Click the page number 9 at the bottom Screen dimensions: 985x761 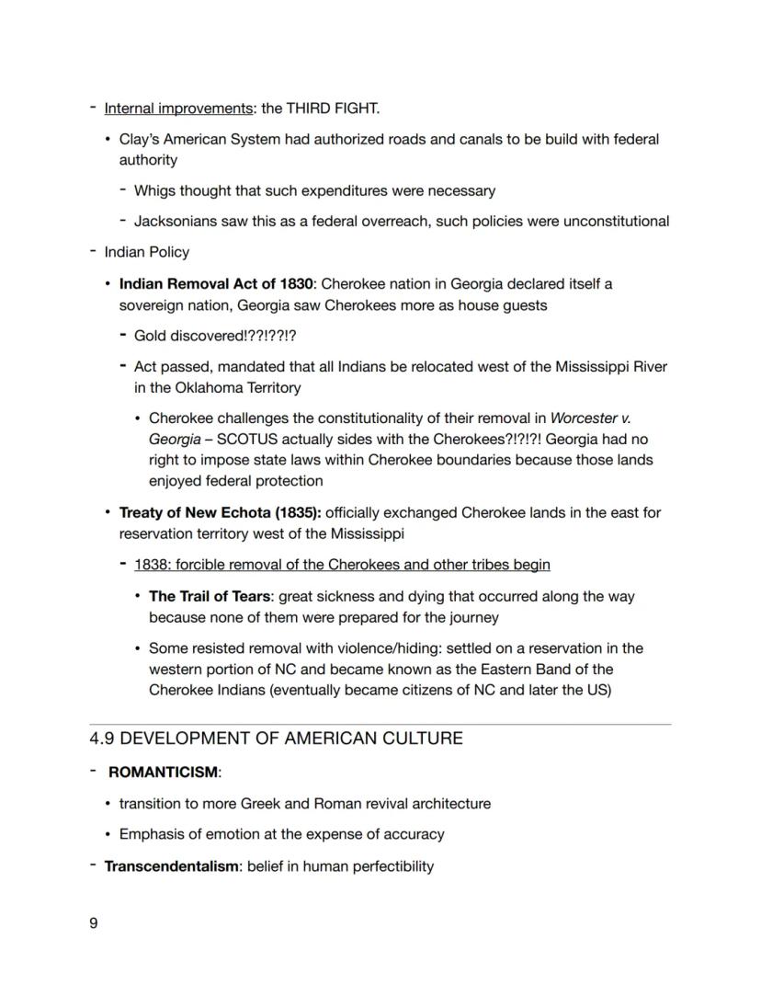pos(94,922)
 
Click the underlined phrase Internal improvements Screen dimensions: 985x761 pos(178,109)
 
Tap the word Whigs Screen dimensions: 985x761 pos(155,191)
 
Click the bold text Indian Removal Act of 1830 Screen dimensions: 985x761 pos(216,283)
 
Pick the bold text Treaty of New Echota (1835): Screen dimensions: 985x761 pos(220,512)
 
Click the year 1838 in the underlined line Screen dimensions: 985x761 pos(151,565)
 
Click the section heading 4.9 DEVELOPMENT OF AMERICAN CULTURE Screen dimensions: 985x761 pos(276,739)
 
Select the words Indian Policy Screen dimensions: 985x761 pos(147,252)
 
